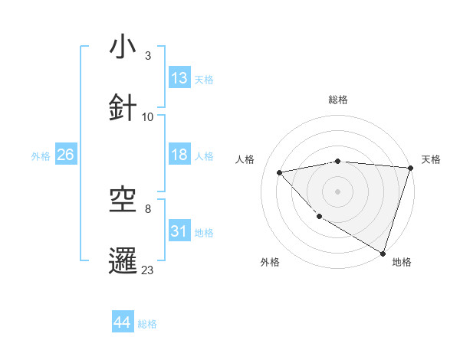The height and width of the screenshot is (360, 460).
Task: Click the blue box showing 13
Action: pos(179,78)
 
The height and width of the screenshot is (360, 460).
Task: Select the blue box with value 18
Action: pos(179,155)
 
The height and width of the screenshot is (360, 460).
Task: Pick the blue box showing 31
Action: pos(179,231)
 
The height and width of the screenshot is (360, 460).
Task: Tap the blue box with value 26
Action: pos(65,155)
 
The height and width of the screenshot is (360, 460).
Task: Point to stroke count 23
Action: pos(148,270)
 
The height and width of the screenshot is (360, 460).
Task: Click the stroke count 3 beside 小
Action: pos(148,56)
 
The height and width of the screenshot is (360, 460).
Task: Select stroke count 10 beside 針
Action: pos(148,117)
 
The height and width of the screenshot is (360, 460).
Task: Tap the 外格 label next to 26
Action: pos(41,155)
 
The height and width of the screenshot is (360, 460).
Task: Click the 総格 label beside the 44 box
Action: pos(147,324)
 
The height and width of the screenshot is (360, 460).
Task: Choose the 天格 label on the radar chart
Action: pos(431,159)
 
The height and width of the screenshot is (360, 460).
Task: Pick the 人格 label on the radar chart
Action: pos(245,159)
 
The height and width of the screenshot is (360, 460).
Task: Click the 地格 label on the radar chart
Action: pos(402,262)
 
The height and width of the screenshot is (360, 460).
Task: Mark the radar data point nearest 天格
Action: pos(410,168)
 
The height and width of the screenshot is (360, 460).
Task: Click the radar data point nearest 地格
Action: pos(383,253)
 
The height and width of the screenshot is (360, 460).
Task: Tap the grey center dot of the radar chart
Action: pos(337,191)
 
